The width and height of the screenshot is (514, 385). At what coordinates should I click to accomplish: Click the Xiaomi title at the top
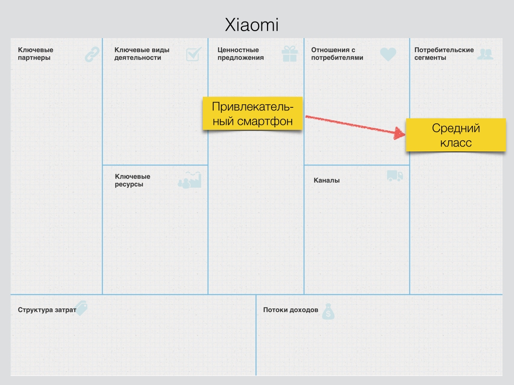click(x=251, y=25)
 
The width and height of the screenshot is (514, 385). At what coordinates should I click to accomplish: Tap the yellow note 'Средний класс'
click(x=456, y=135)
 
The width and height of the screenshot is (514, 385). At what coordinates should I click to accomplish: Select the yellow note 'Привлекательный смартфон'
click(x=252, y=114)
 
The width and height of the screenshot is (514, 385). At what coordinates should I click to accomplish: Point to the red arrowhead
click(x=400, y=134)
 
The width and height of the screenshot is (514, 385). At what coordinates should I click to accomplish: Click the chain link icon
click(x=92, y=54)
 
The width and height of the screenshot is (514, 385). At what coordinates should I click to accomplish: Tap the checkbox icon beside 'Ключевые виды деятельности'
click(x=193, y=54)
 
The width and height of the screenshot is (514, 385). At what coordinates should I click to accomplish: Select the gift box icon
click(x=290, y=54)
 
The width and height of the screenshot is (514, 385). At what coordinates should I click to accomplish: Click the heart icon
click(x=388, y=54)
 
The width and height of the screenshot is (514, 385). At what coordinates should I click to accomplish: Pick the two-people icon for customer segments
click(x=484, y=54)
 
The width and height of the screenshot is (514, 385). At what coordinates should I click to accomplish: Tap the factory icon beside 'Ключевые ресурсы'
click(x=190, y=180)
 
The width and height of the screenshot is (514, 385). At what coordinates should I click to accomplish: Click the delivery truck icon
click(x=395, y=176)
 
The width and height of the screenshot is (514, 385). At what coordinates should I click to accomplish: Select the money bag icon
click(x=328, y=311)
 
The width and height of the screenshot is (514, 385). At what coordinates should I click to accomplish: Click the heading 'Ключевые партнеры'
click(x=35, y=54)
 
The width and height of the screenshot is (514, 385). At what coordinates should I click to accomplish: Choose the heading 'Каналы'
click(x=326, y=180)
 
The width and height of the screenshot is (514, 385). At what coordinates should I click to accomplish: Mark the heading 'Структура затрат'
click(x=47, y=310)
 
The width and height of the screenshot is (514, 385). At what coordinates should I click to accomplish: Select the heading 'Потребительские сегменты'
click(x=444, y=54)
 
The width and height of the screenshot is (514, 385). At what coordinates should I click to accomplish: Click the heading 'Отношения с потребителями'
click(x=337, y=54)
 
